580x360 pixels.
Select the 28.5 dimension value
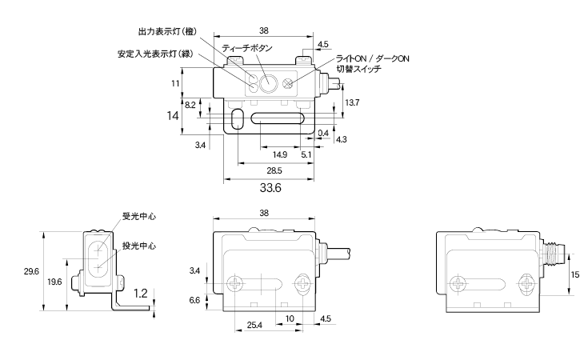coord(272,172)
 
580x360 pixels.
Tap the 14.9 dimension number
coord(280,154)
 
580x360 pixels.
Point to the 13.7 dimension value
coord(352,103)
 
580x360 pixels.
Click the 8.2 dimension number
coord(190,105)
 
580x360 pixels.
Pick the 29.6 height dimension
coord(32,272)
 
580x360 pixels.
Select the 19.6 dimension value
coord(54,282)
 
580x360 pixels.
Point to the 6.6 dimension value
coord(194,300)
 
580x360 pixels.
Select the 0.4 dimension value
coord(323,132)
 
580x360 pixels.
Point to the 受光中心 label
coord(138,216)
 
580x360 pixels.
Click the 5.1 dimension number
coord(306,154)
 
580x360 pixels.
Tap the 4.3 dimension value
coord(342,140)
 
